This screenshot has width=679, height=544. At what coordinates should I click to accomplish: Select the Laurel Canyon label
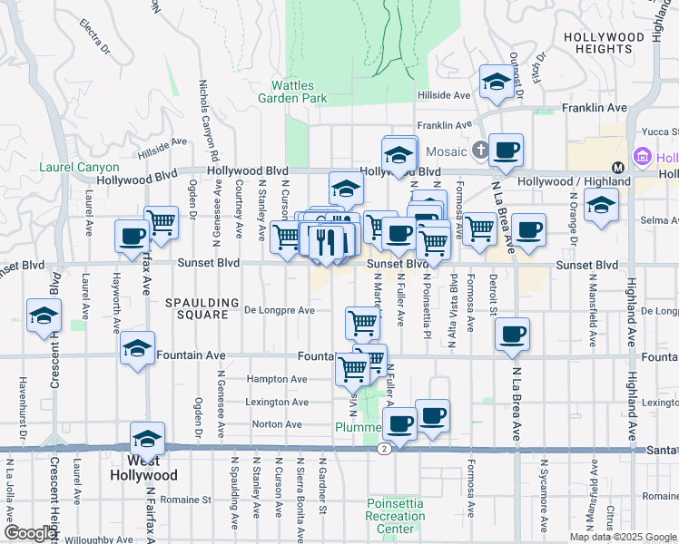(x=79, y=167)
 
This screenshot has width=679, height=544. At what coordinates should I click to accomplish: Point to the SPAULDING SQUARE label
(x=202, y=308)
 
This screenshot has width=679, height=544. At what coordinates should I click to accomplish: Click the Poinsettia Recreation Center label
(x=396, y=516)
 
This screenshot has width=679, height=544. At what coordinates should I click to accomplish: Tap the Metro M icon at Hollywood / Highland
(x=617, y=167)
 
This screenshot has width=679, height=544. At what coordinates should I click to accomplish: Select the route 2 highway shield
(x=386, y=449)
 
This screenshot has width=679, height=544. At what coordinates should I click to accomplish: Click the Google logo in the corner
(x=30, y=533)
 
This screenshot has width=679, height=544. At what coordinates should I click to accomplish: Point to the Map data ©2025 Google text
(x=623, y=537)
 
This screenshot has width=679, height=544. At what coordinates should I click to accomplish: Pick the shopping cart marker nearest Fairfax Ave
(x=161, y=221)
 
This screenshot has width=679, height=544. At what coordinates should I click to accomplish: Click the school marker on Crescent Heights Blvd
(x=43, y=316)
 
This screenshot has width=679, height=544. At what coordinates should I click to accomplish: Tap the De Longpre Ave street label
(x=280, y=310)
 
